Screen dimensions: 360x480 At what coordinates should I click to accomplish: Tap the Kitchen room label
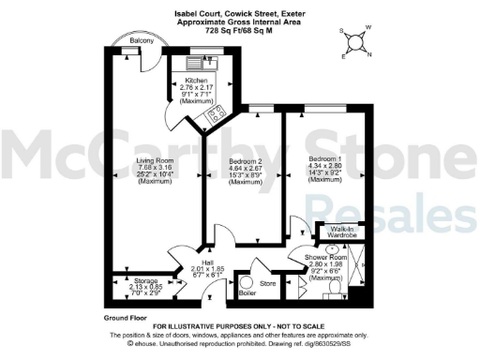click(183, 82)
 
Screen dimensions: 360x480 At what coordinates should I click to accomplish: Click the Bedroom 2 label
click(245, 160)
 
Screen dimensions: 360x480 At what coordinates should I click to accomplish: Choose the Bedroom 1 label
click(324, 160)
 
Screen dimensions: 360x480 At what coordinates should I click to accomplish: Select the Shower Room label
click(324, 258)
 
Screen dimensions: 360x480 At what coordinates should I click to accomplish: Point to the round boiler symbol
click(247, 282)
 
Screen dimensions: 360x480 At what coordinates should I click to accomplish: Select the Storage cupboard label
click(145, 279)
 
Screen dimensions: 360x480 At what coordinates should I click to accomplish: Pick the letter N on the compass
click(368, 53)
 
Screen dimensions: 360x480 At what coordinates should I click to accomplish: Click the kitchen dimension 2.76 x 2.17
click(183, 87)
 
